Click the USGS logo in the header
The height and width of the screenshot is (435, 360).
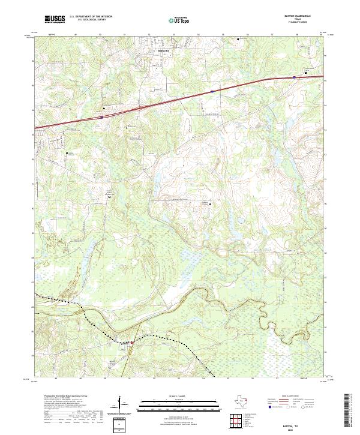click(55, 20)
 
